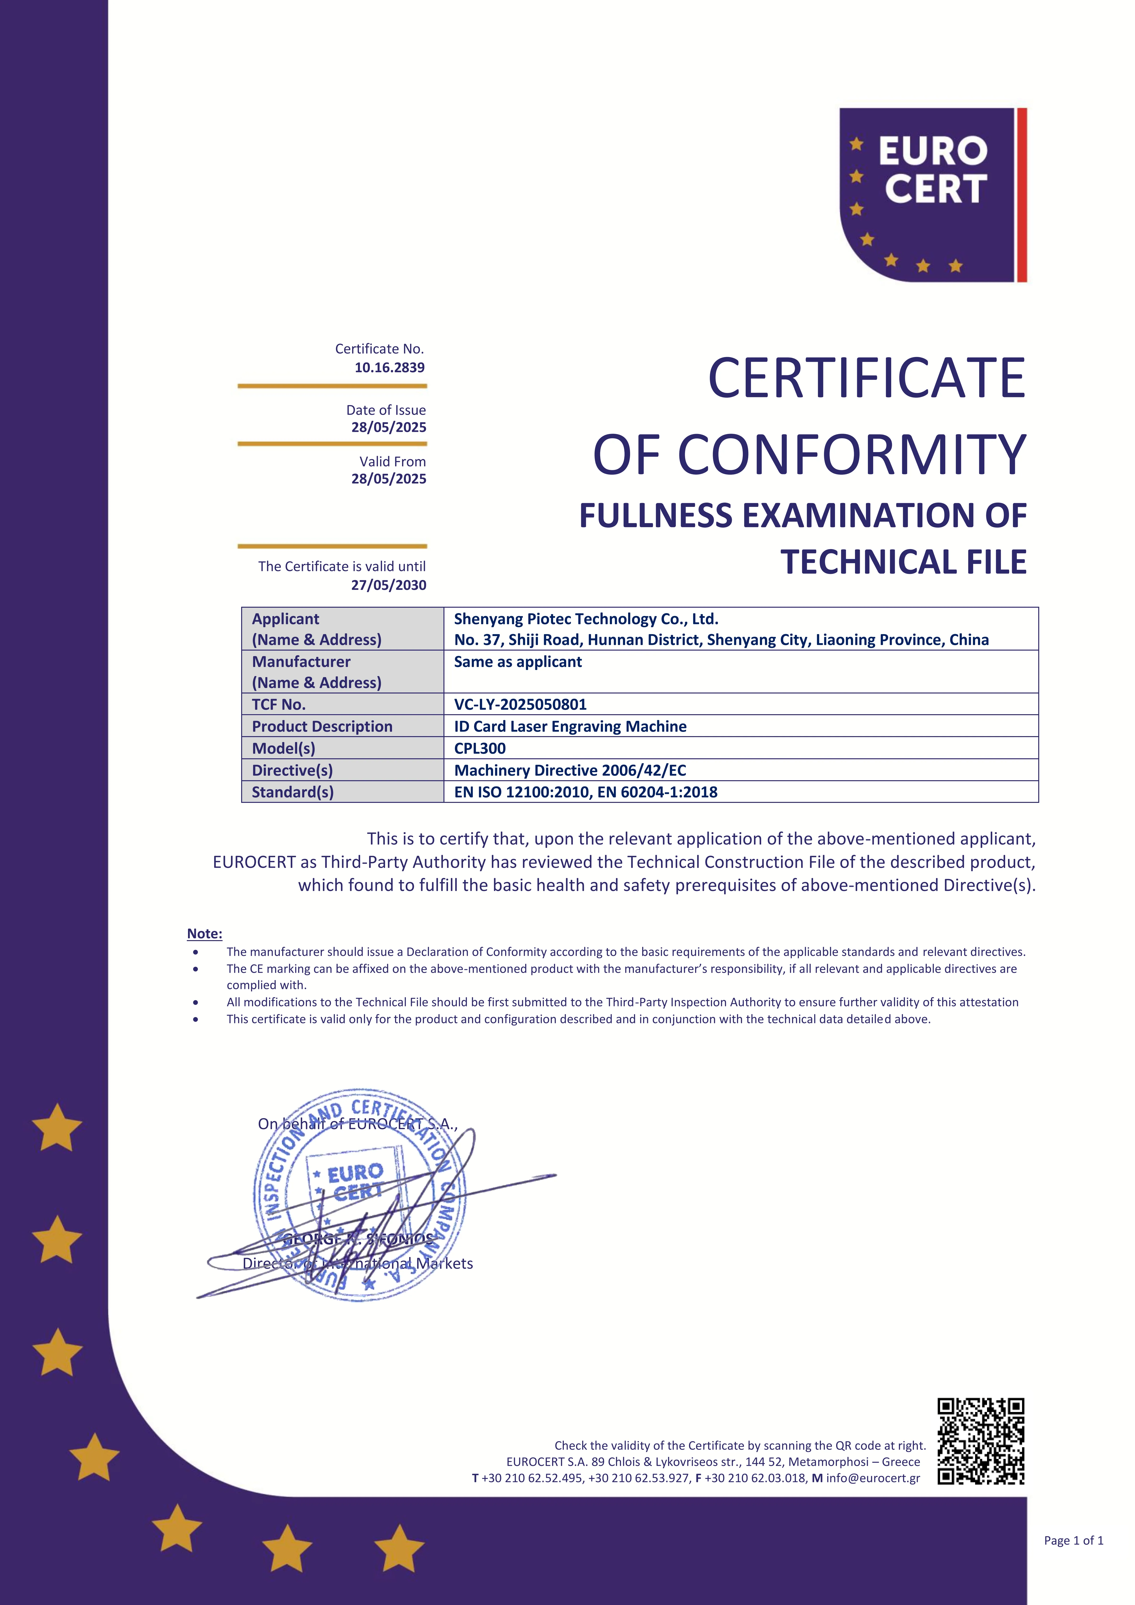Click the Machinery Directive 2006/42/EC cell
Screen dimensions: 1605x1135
570,770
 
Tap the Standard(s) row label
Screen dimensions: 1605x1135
293,792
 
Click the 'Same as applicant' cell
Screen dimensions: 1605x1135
518,662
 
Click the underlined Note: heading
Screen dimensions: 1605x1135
205,934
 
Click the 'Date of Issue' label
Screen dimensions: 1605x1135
386,410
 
